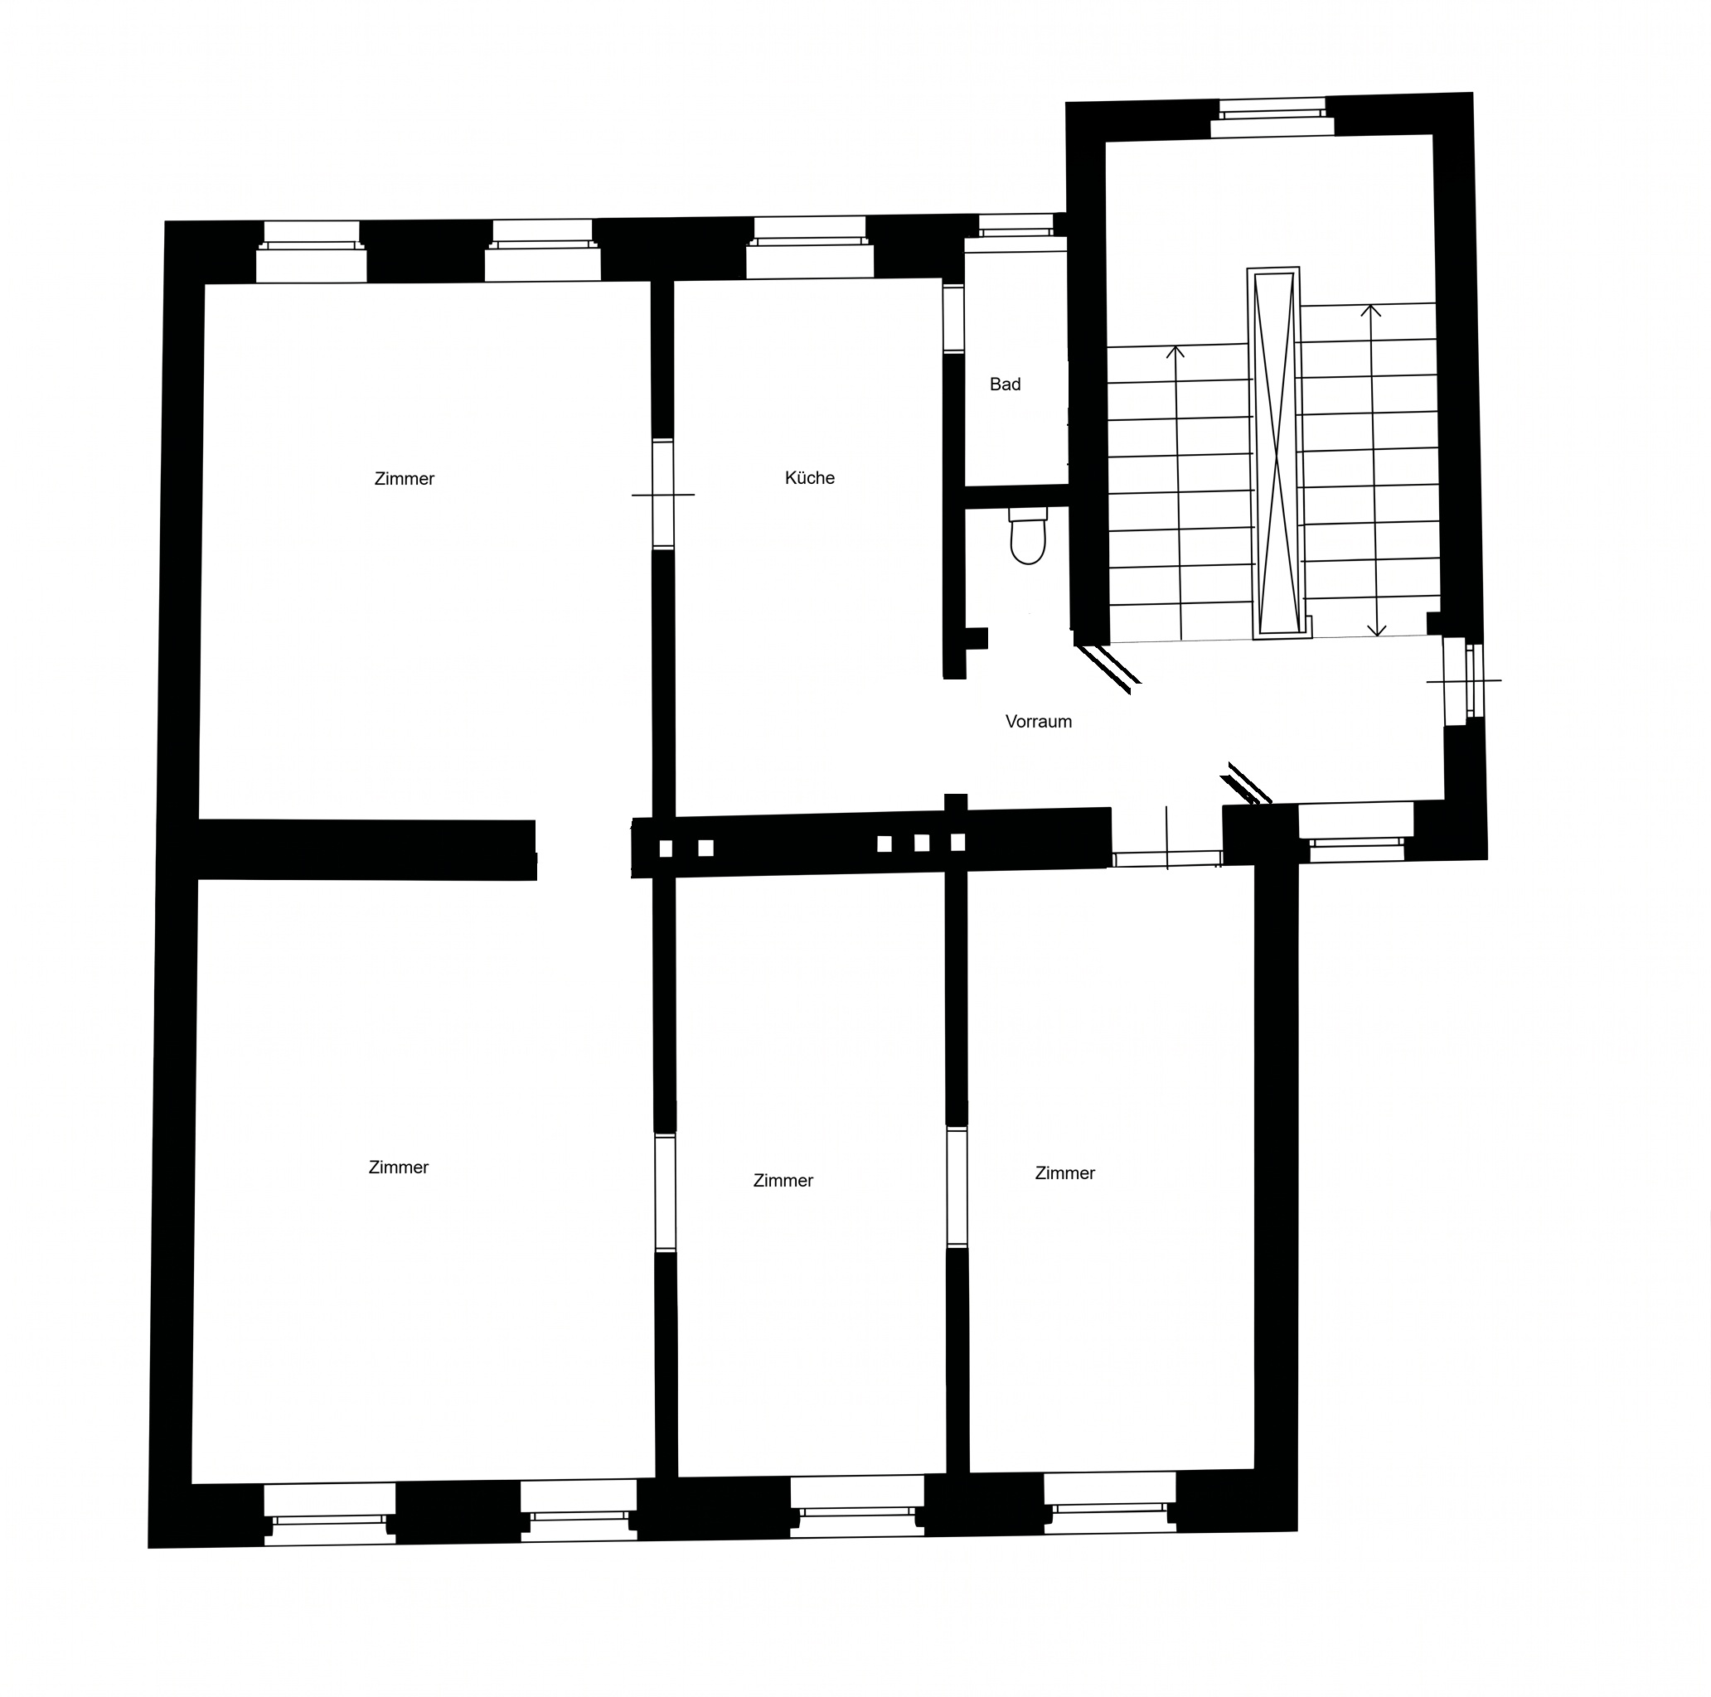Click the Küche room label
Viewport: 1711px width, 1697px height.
pyautogui.click(x=809, y=478)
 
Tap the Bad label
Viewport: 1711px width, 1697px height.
pyautogui.click(x=1006, y=384)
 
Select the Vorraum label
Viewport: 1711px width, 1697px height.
pyautogui.click(x=1039, y=722)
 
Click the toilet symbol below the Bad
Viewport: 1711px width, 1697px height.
pyautogui.click(x=1027, y=536)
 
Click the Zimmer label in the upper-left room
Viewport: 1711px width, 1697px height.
pyautogui.click(x=405, y=479)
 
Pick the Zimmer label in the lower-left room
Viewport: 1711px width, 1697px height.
pyautogui.click(x=399, y=1168)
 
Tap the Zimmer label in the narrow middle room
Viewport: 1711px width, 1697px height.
pyautogui.click(x=783, y=1181)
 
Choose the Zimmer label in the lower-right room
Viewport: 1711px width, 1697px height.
pyautogui.click(x=1064, y=1174)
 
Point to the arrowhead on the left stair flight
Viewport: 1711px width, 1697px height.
pyautogui.click(x=1175, y=352)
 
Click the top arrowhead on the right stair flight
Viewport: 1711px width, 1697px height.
pyautogui.click(x=1371, y=311)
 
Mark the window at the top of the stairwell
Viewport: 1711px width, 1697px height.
pyautogui.click(x=1272, y=118)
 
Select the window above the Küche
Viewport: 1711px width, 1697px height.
pyautogui.click(x=809, y=248)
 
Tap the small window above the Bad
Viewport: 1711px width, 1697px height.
pyautogui.click(x=1015, y=225)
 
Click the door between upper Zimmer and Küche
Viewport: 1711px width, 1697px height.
pyautogui.click(x=663, y=494)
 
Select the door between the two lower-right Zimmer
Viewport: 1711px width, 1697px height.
pyautogui.click(x=957, y=1188)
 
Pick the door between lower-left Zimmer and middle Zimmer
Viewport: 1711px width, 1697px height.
pyautogui.click(x=665, y=1192)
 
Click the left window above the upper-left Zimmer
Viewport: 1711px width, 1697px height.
pyautogui.click(x=311, y=251)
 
